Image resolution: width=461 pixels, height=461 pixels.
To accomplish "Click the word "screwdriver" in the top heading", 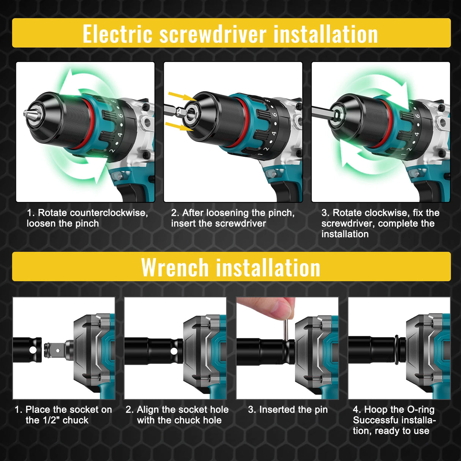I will point(213,34).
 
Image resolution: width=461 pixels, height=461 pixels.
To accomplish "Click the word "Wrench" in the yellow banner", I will point(175,268).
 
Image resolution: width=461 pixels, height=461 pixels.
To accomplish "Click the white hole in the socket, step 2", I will point(174,351).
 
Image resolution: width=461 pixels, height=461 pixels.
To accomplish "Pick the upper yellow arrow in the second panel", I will point(178,96).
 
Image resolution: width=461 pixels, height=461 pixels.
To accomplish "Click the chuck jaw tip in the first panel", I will point(26,113).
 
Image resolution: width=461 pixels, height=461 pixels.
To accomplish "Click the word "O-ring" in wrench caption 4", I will point(420,410).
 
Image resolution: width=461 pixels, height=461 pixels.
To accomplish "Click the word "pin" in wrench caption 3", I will point(320,410).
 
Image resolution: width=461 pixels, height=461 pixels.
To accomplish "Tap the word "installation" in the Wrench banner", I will point(268,268).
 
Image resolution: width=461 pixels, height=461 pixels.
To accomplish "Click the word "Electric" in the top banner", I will point(118,34).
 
